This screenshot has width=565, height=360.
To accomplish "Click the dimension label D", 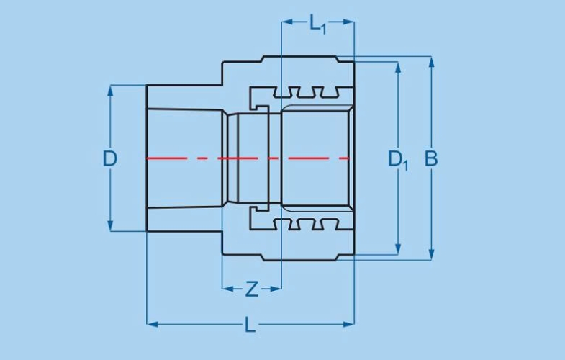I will click(109, 158).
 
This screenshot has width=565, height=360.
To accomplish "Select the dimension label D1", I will click(397, 159).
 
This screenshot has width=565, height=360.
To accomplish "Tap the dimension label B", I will click(431, 159).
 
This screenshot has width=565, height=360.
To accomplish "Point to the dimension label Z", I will click(251, 289).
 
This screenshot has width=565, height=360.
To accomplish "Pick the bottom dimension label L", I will click(250, 325).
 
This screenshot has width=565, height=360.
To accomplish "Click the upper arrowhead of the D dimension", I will click(110, 90).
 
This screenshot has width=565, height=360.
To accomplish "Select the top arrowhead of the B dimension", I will click(431, 61).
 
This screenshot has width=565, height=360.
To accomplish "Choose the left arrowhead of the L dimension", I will click(151, 324).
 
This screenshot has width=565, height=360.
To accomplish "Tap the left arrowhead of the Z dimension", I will click(226, 289).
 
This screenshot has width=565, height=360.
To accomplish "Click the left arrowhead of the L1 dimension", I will click(286, 22).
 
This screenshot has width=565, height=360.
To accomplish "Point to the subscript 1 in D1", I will click(405, 166).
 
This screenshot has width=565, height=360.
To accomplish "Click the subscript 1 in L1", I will click(324, 29).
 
